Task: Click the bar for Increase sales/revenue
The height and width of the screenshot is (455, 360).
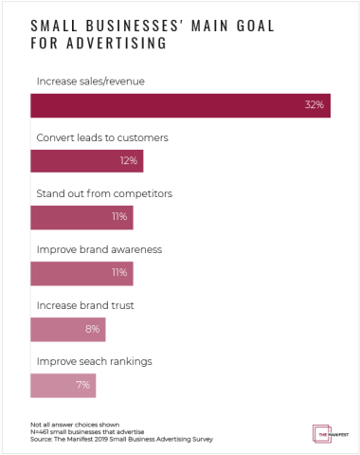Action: click(180, 106)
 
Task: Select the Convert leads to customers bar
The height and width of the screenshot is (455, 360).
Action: click(87, 162)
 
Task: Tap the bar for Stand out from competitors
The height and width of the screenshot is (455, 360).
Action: click(81, 218)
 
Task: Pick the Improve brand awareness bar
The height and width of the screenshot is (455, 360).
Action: click(81, 274)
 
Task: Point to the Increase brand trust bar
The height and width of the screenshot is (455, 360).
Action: click(68, 330)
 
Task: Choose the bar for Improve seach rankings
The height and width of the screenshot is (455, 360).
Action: click(63, 386)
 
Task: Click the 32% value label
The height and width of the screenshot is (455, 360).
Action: click(315, 106)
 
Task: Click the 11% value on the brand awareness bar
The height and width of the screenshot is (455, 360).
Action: click(120, 274)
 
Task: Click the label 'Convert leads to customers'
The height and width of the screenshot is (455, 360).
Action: click(102, 138)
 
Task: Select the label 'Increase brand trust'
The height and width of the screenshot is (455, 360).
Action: click(83, 307)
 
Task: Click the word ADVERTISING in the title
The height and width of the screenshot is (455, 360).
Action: click(135, 44)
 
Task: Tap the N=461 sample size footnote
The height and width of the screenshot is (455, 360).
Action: click(83, 432)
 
